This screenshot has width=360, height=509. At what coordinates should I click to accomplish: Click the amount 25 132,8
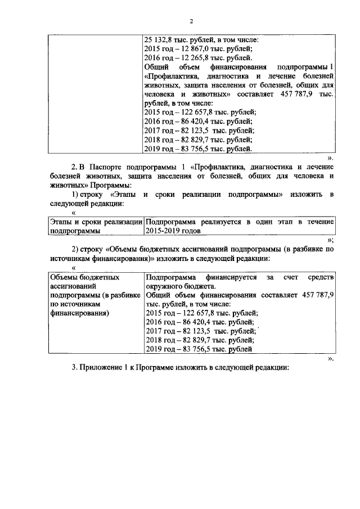[x=160, y=39]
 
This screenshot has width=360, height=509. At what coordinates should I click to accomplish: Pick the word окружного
[x=164, y=286]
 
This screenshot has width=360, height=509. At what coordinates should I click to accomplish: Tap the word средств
[x=322, y=277]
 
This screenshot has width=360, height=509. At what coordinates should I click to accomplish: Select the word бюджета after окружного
[x=199, y=286]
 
